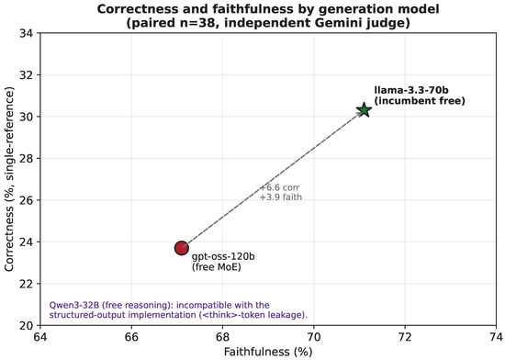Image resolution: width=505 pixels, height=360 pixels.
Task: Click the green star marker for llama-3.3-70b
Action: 364,110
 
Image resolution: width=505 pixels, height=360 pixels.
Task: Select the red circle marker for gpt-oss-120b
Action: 182,248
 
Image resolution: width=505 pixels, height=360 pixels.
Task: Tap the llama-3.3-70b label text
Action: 407,91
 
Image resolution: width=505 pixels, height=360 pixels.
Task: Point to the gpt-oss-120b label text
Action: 223,257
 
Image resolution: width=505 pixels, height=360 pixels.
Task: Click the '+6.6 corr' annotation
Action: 280,187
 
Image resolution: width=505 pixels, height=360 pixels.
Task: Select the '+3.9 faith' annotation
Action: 281,197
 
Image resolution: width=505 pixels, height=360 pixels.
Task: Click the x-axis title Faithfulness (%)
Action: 268,352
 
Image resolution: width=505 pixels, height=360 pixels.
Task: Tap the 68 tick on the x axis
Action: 222,336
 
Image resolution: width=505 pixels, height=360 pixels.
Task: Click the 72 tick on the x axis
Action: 405,336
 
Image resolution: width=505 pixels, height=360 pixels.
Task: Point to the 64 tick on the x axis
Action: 40,336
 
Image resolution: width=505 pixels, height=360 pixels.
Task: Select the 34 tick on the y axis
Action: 26,33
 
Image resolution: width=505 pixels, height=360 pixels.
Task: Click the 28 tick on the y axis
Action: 26,159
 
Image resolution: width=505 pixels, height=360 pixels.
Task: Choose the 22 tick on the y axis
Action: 26,284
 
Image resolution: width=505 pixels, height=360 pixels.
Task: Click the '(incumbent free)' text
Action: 420,101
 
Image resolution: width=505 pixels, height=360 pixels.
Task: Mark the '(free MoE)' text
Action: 217,267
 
